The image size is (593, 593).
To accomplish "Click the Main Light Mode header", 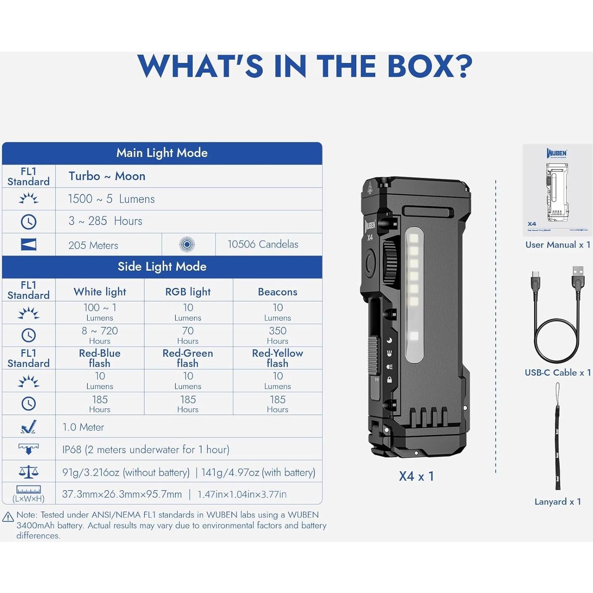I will pyautogui.click(x=162, y=153).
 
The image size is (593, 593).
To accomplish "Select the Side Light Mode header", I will pyautogui.click(x=162, y=266).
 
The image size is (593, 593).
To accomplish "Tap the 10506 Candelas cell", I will pyautogui.click(x=263, y=244).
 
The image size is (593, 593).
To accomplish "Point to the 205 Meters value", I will pyautogui.click(x=93, y=246).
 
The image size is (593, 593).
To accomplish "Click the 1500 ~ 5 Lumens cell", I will pyautogui.click(x=111, y=199).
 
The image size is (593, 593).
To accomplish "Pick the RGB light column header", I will pyautogui.click(x=188, y=292).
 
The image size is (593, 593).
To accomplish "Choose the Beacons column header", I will pyautogui.click(x=277, y=292).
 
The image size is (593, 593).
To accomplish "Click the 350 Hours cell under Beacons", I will pyautogui.click(x=277, y=335).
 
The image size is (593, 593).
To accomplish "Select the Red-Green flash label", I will pyautogui.click(x=188, y=358).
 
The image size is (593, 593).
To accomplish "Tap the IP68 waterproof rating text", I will pyautogui.click(x=146, y=449).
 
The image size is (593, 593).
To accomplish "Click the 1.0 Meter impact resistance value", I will pyautogui.click(x=83, y=427).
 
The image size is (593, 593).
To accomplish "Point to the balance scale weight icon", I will pyautogui.click(x=29, y=472).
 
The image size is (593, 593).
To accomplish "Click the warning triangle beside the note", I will pyautogui.click(x=8, y=517).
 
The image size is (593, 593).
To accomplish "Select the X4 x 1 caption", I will pyautogui.click(x=416, y=476).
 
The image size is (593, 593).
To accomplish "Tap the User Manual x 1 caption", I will pyautogui.click(x=558, y=245).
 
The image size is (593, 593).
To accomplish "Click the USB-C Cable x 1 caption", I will pyautogui.click(x=558, y=373).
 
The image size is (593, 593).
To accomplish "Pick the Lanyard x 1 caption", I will pyautogui.click(x=558, y=502).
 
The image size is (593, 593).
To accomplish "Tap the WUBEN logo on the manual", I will pyautogui.click(x=556, y=153).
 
